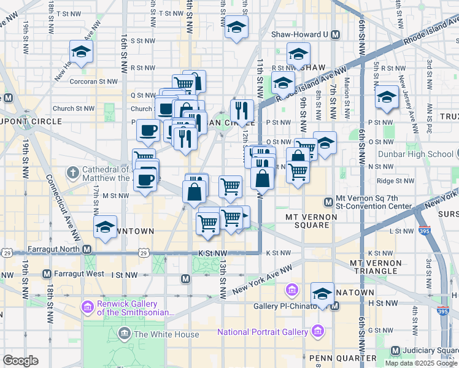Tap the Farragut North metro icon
(x=87, y=250)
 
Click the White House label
(x=166, y=334)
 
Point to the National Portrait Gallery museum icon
(x=318, y=332)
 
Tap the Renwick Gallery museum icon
(x=88, y=305)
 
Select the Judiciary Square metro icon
(x=396, y=351)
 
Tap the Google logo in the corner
(x=20, y=361)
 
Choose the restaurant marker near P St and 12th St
(x=242, y=111)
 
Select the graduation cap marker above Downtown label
(x=106, y=227)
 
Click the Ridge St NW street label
(x=393, y=181)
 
